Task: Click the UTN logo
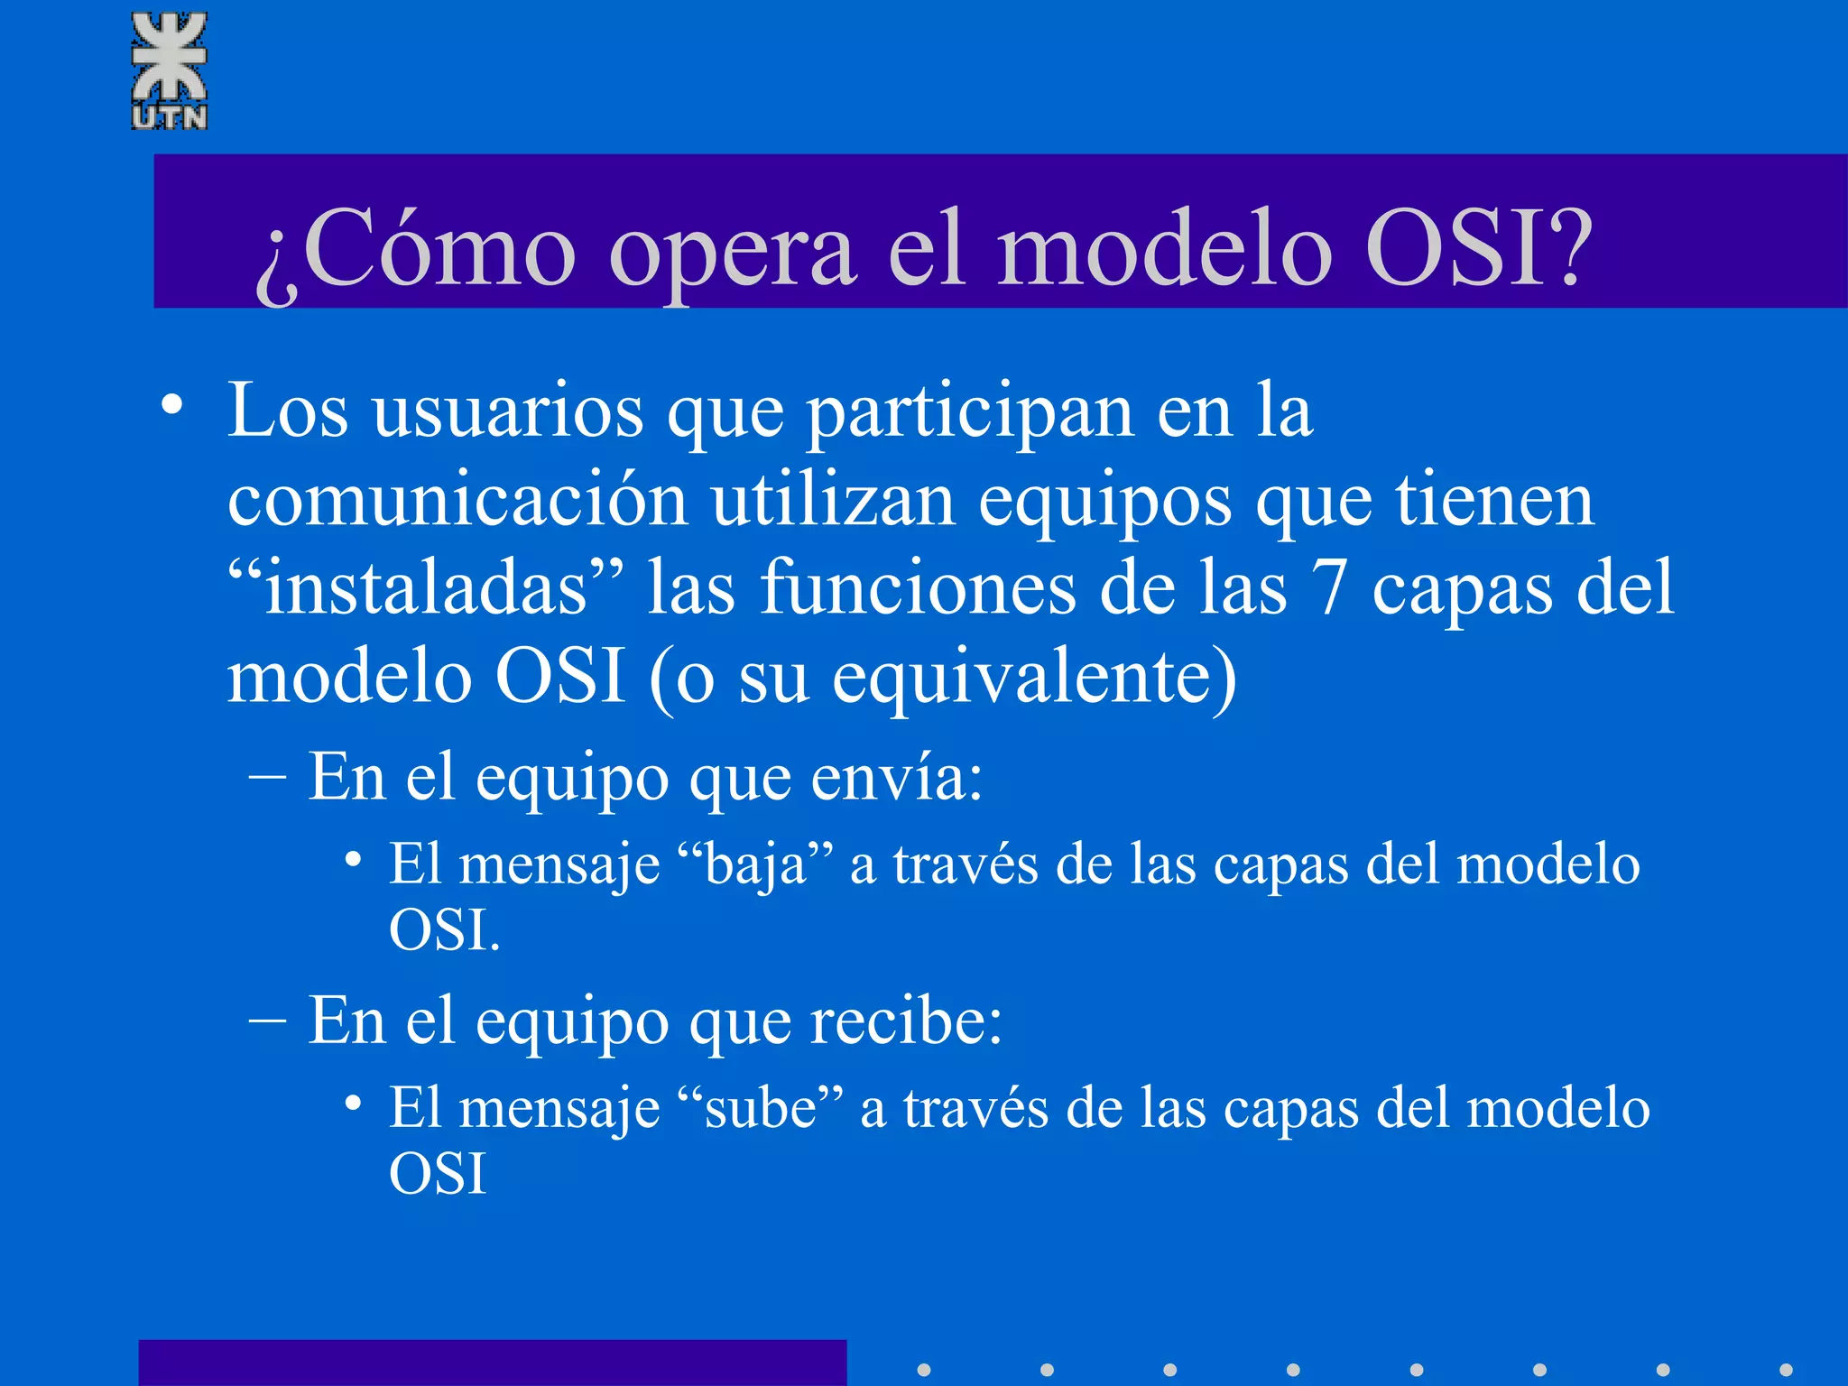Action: (x=170, y=70)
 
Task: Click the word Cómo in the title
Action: (x=439, y=248)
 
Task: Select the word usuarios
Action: (x=508, y=411)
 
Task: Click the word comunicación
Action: (x=457, y=500)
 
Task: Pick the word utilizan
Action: (x=833, y=500)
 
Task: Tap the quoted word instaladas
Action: (x=426, y=589)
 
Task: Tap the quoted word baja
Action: (x=756, y=864)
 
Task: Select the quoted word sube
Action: (x=761, y=1108)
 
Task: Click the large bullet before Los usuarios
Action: (x=172, y=405)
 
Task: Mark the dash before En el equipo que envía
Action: (x=267, y=777)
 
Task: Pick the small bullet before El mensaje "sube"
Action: (x=354, y=1103)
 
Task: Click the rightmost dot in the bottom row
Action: (x=1786, y=1370)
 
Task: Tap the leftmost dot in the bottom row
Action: (x=924, y=1370)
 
